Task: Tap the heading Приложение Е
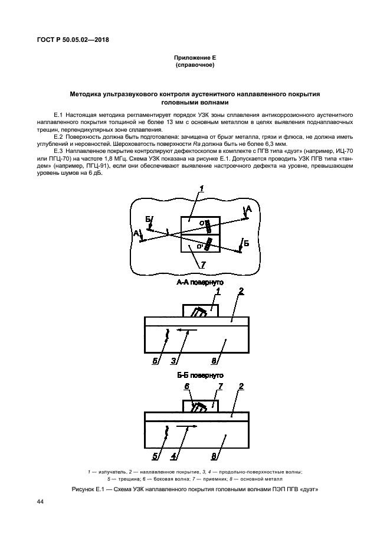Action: (x=195, y=57)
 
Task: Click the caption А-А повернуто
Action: (x=199, y=283)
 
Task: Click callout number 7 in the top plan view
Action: (x=202, y=265)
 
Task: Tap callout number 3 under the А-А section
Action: (x=173, y=360)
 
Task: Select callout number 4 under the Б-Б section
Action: (x=173, y=455)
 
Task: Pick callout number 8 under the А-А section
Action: (x=214, y=360)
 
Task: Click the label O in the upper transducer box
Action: (x=202, y=223)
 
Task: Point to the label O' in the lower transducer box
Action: (x=201, y=244)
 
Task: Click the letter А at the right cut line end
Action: (x=249, y=210)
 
